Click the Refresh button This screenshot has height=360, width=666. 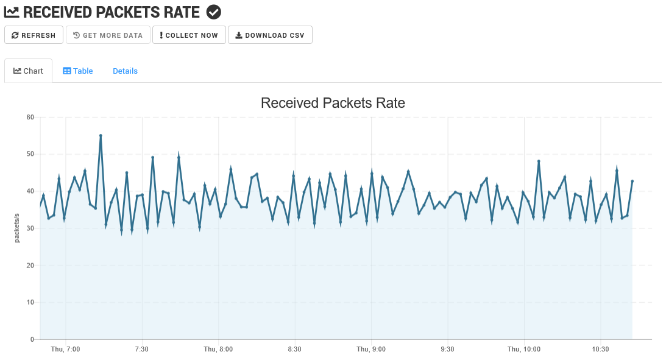(34, 35)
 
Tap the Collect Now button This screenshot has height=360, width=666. (189, 35)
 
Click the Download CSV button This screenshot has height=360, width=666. (270, 35)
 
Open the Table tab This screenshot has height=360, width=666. (78, 71)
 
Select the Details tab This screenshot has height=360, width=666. (125, 71)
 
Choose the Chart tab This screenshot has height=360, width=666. (28, 71)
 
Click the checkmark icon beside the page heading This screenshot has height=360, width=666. (214, 12)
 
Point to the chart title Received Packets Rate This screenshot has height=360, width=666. (333, 103)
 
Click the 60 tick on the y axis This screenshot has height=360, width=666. (30, 117)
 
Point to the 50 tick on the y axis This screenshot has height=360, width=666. (30, 154)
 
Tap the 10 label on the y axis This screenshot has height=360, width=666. (30, 303)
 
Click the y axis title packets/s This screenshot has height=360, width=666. (17, 228)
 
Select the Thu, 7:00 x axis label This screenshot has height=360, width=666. (65, 349)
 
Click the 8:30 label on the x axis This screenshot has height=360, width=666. (295, 349)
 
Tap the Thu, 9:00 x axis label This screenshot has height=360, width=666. (371, 349)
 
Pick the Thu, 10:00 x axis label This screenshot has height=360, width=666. (524, 349)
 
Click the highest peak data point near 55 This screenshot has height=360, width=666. (101, 136)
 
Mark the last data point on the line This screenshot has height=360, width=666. (632, 181)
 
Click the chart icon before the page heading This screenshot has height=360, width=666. (12, 12)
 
